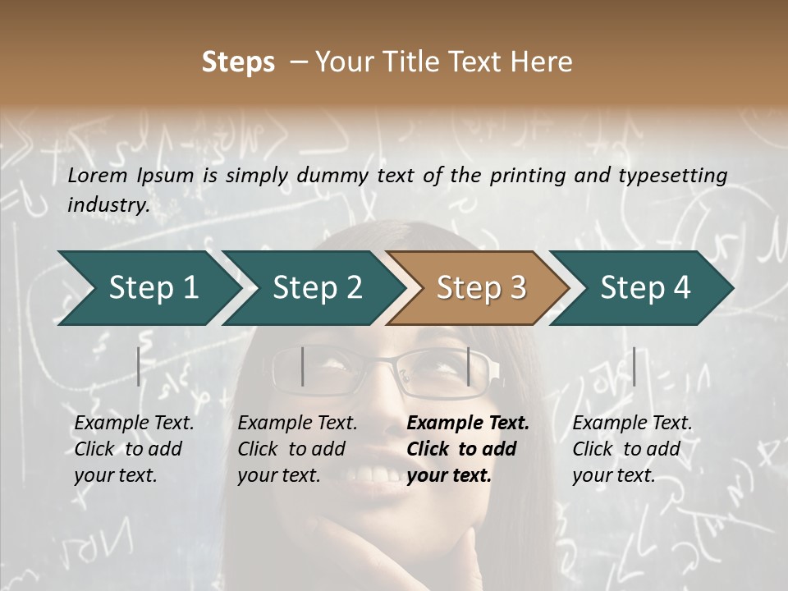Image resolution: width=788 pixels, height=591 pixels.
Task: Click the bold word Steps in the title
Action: [x=238, y=62]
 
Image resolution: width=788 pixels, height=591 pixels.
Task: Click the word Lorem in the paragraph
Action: [x=97, y=175]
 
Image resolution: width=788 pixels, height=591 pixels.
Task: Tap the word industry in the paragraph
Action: [x=108, y=204]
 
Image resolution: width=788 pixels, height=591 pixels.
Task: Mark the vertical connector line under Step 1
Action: [x=139, y=366]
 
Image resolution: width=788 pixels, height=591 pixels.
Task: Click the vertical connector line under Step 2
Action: [x=303, y=366]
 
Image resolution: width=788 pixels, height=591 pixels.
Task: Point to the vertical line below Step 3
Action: [x=468, y=366]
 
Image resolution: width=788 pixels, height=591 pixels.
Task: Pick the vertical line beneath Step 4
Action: [x=634, y=366]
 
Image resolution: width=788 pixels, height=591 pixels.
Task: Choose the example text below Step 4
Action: [x=630, y=449]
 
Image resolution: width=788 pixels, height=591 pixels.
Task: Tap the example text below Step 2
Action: [x=296, y=449]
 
